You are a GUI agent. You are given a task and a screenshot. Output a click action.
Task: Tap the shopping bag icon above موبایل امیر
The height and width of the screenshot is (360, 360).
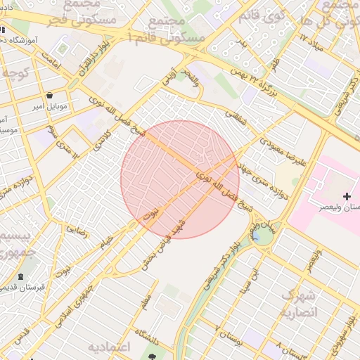click(x=49, y=95)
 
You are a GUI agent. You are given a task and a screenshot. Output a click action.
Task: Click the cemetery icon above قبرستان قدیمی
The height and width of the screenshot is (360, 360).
click(x=21, y=276)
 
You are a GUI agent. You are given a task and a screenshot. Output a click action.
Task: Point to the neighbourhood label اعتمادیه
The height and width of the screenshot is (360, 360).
click(x=110, y=347)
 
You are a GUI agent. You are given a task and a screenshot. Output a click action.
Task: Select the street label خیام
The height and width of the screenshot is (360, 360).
click(x=106, y=242)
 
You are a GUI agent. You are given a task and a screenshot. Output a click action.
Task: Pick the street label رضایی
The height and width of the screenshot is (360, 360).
click(x=77, y=230)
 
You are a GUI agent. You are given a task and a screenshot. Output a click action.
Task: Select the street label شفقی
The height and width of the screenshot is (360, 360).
click(x=236, y=117)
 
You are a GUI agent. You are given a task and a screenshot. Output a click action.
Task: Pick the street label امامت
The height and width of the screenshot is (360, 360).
click(x=52, y=64)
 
